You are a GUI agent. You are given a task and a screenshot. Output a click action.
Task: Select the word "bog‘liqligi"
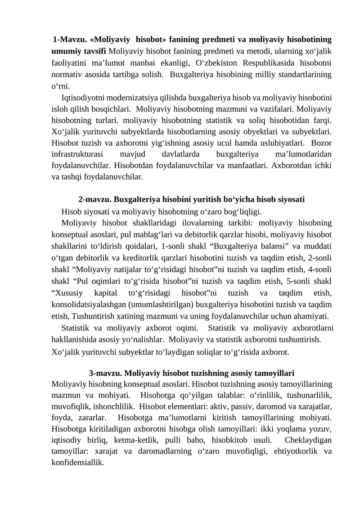click(239, 211)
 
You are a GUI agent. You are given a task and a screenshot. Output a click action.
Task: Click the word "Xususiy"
click(67, 293)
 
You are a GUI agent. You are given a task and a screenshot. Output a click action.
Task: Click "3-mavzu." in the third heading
click(105, 374)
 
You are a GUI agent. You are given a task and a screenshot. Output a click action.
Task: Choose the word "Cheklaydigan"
click(310, 441)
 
